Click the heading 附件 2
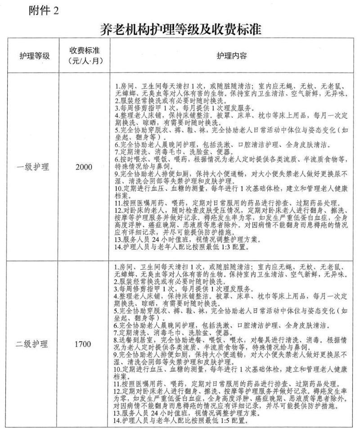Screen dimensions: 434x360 pyautogui.click(x=43, y=10)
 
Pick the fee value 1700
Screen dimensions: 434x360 pyautogui.click(x=83, y=345)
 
